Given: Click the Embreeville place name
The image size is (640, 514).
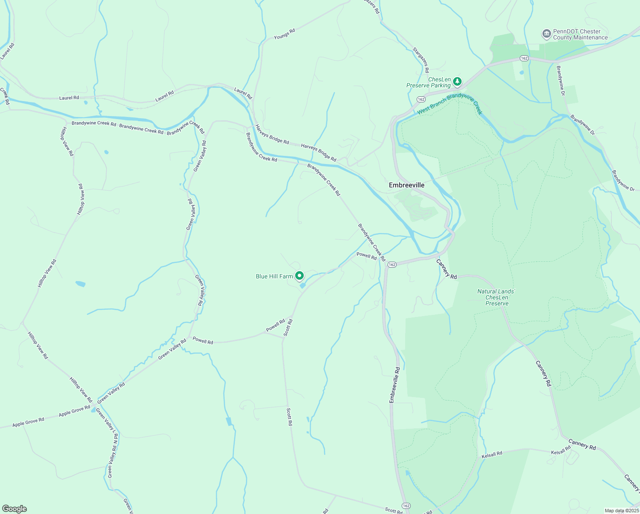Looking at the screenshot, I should coord(406,185).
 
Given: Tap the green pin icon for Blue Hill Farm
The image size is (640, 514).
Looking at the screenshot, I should coord(299,276).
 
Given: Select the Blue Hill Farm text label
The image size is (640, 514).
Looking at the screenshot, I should coord(274,276).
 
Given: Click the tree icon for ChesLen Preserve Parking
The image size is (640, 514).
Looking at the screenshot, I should coord(457,81).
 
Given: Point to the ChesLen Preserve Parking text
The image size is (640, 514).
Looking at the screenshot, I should coord(429,83).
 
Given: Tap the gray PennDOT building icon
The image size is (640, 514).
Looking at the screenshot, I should coord(546,33).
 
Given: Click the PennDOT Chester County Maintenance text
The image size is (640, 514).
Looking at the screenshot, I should coord(580,34).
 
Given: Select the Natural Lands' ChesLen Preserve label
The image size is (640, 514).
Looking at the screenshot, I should coord(496,297).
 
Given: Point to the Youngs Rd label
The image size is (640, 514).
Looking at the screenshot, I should coord(284,34).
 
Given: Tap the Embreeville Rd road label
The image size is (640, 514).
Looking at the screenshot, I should coord(395,385).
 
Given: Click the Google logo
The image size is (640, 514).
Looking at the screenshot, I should coord(15,509).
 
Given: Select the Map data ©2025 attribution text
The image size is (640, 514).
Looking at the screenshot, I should coord(621,511).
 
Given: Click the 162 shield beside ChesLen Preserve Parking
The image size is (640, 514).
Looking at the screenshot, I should coord(421,99).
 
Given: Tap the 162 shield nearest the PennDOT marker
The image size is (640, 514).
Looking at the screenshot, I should coord(524,58).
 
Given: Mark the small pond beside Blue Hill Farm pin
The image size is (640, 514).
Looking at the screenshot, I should coord(302,285).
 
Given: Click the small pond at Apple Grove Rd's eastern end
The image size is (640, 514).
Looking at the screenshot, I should coord(94,409).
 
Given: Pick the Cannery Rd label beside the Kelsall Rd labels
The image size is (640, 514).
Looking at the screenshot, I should coord(582,444).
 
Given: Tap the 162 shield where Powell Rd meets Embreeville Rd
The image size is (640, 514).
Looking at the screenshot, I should coord(392,264).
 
